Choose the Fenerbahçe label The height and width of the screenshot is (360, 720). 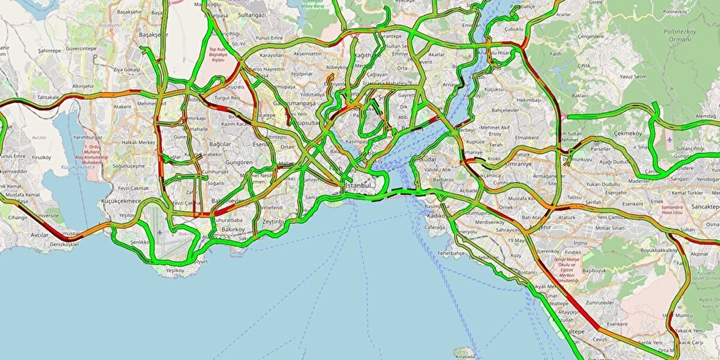(x=451, y=253)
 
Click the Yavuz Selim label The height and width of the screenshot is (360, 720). (x=618, y=76)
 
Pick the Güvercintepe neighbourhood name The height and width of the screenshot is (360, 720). (x=81, y=48)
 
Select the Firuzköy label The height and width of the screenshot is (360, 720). (x=41, y=157)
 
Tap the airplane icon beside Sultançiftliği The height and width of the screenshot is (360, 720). (x=670, y=139)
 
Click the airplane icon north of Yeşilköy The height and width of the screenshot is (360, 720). (x=161, y=233)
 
